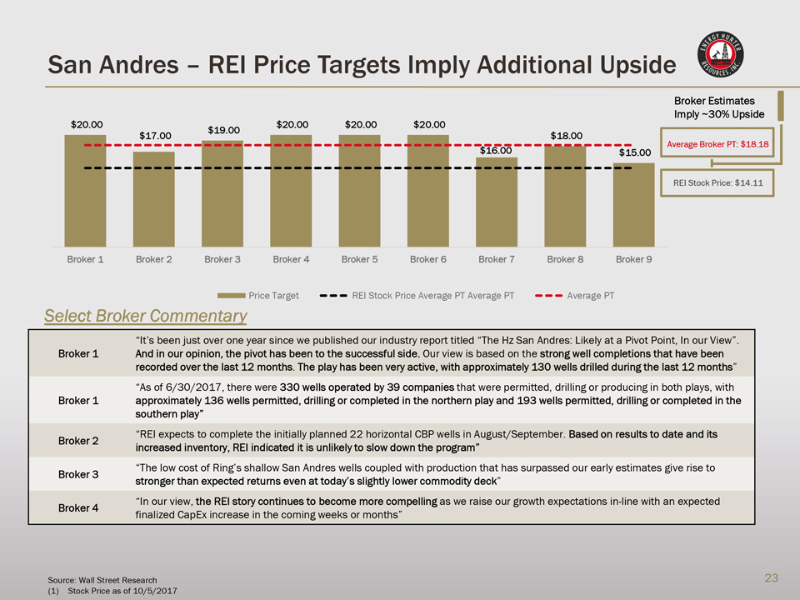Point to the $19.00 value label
pos(223,130)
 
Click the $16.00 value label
pos(497,150)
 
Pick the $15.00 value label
pos(634,152)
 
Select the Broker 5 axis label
pos(359,259)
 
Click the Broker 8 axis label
pos(565,259)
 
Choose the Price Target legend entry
pos(257,295)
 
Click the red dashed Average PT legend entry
pos(574,295)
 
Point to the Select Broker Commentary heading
pos(145,316)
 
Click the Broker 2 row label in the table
pos(78,440)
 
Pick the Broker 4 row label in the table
pos(78,507)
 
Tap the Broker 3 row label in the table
pos(78,474)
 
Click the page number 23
pos(771,577)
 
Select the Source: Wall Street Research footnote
pos(102,579)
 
